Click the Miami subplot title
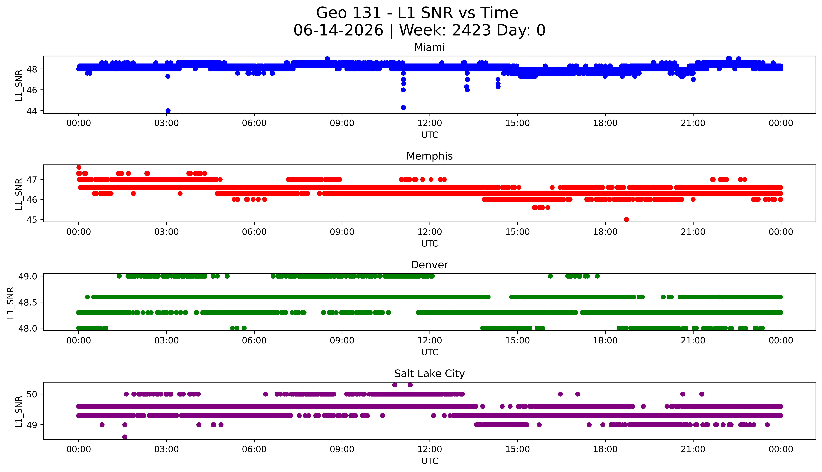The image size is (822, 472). [430, 48]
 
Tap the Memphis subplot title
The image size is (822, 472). [430, 156]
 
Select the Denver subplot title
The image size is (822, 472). [430, 265]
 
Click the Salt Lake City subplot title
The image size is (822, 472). [430, 374]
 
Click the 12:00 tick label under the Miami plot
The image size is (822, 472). [430, 123]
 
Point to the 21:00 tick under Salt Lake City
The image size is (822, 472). [693, 449]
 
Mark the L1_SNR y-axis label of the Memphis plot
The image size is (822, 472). [19, 194]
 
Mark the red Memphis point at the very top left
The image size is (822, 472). [79, 167]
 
